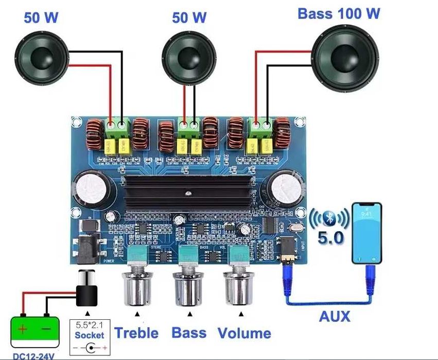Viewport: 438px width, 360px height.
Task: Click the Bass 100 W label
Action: [339, 13]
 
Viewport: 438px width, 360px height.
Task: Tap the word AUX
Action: [334, 316]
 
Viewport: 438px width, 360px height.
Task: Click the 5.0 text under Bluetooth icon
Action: [330, 239]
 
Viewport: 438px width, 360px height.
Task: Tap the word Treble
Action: [136, 333]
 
